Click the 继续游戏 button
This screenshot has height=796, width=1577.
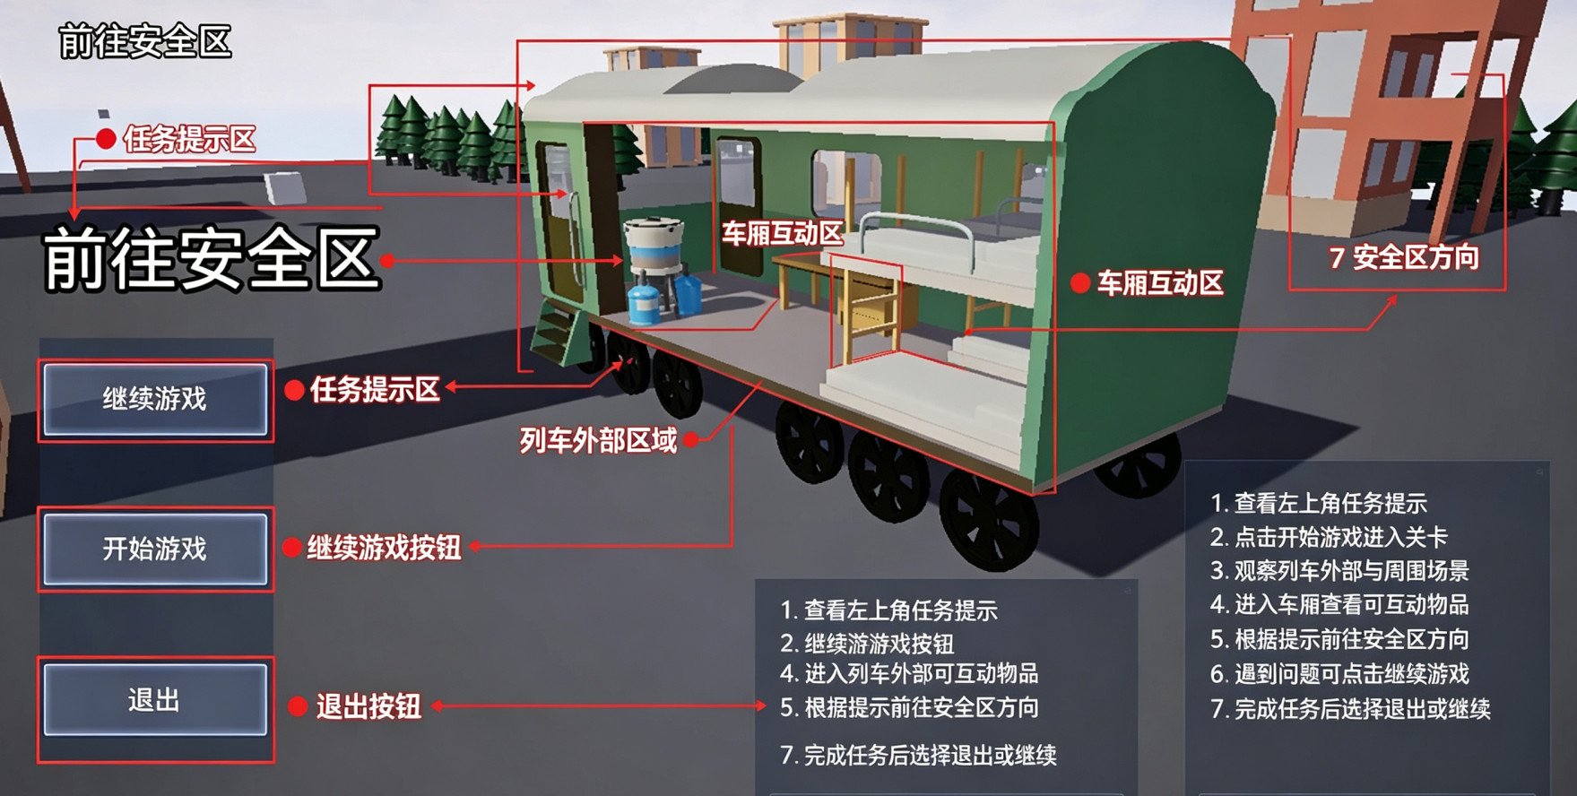tap(155, 400)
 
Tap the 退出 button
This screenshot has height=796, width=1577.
tap(155, 700)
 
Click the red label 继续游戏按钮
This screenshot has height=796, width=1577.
tap(384, 548)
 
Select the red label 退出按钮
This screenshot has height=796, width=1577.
tap(368, 706)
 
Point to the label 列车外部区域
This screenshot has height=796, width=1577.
tap(598, 440)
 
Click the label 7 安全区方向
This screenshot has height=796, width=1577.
tap(1404, 258)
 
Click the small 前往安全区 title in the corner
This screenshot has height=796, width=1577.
tap(145, 41)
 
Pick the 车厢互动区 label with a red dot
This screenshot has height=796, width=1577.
tap(1160, 284)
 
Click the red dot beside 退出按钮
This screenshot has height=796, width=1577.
tap(299, 707)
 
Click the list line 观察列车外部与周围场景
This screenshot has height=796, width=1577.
tap(1339, 571)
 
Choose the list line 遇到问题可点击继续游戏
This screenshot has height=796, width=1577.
tap(1339, 674)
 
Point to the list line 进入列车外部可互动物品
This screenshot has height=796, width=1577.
tap(909, 673)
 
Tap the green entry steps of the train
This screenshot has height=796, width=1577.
tap(556, 332)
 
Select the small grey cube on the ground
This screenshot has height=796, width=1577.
tap(286, 188)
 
